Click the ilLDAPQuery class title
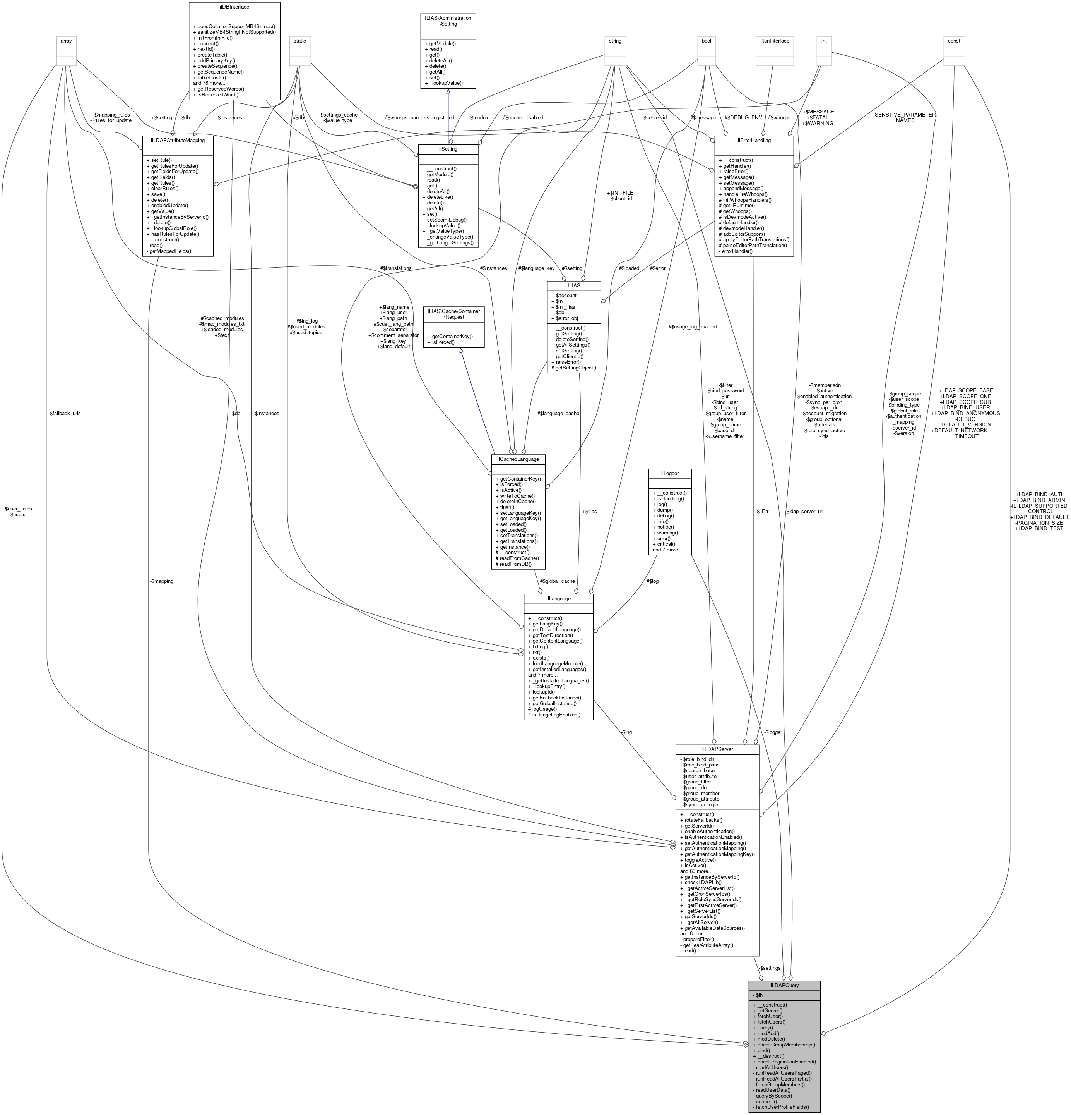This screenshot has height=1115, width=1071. tap(784, 985)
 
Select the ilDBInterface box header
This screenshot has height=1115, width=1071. tap(233, 7)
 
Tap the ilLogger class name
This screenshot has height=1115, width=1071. tap(670, 473)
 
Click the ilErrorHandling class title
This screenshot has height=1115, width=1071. tap(753, 140)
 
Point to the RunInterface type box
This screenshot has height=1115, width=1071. tap(776, 41)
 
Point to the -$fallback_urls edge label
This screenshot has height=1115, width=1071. tap(64, 414)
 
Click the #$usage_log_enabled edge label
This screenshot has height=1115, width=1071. tap(693, 326)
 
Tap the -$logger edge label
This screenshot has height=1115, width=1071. tap(773, 732)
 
